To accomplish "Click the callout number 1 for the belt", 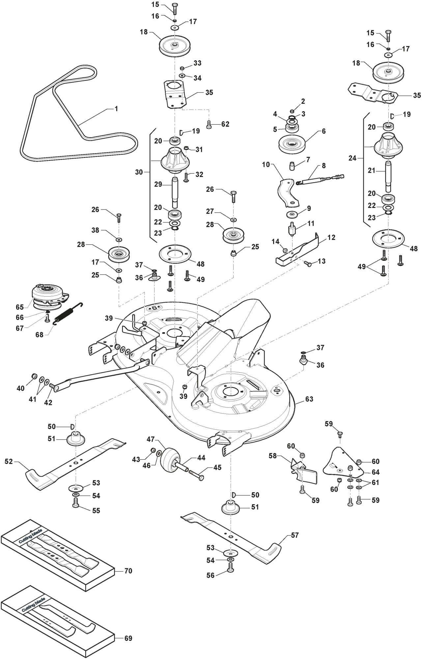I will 116,109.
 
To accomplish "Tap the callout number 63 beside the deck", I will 309,399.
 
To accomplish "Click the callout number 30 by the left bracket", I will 139,172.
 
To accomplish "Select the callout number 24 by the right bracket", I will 352,158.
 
